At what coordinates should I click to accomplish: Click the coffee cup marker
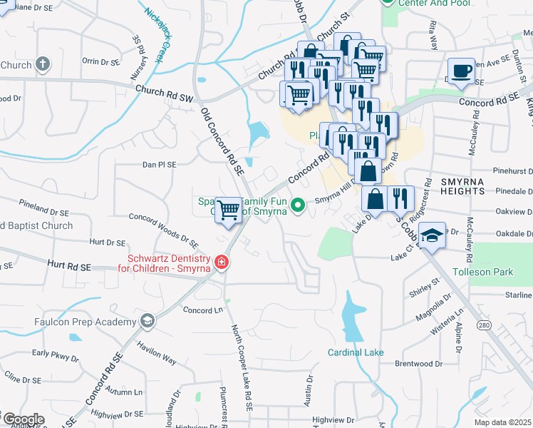point(461,71)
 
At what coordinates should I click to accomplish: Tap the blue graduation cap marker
point(432,236)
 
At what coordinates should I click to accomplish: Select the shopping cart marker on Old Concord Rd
point(228,210)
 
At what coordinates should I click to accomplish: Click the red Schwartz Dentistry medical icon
point(222,263)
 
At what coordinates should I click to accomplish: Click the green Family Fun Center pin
point(299,206)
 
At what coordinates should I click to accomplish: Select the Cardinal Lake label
point(356,352)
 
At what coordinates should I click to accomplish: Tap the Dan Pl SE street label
point(159,164)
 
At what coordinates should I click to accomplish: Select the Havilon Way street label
point(157,350)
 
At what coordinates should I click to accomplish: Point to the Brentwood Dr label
point(418,363)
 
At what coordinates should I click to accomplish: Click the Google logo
point(23,419)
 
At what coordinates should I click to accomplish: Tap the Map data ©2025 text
point(502,422)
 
